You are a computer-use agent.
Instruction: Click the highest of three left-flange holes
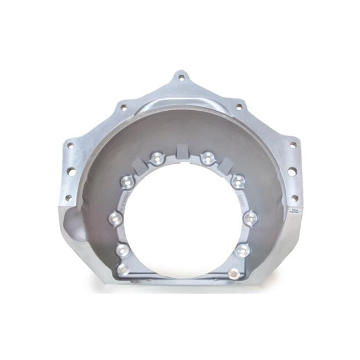70,146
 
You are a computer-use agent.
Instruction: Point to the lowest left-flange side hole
69,197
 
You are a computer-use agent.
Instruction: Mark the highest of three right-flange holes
293,145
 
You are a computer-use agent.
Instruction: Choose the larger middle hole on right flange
292,172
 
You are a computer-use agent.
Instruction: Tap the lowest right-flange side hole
294,198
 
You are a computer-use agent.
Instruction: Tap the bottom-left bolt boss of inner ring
123,271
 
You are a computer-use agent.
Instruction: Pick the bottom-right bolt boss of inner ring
234,273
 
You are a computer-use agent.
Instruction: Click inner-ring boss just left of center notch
156,158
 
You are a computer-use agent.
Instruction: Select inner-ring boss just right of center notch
208,158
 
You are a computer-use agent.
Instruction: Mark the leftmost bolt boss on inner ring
115,217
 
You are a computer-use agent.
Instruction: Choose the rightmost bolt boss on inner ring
251,217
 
